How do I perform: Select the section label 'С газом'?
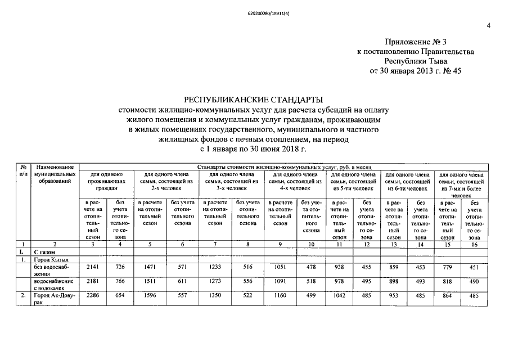[45, 253]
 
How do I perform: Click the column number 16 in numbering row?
[474, 245]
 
